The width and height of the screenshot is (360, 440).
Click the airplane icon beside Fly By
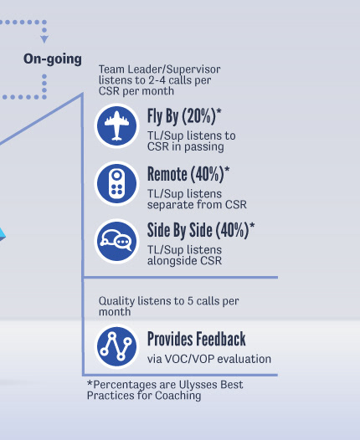click(x=116, y=125)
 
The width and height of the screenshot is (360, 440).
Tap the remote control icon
click(x=116, y=183)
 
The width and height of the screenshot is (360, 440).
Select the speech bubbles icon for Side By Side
click(x=116, y=241)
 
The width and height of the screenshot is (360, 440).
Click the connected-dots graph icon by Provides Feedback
click(x=116, y=346)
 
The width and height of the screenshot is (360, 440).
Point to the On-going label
click(x=53, y=59)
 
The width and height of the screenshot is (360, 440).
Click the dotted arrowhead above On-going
click(x=44, y=39)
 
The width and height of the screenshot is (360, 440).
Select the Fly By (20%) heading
click(x=184, y=116)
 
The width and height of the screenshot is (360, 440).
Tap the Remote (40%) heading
click(x=188, y=174)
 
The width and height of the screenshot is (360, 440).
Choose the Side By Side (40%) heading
click(x=201, y=230)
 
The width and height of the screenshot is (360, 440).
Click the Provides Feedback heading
click(x=197, y=339)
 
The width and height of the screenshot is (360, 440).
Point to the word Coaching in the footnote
click(x=178, y=396)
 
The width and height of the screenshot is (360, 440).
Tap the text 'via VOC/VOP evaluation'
click(x=209, y=359)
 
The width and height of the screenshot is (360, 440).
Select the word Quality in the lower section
click(x=116, y=301)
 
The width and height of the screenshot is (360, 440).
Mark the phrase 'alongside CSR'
click(x=184, y=261)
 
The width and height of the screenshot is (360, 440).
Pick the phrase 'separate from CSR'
click(x=197, y=205)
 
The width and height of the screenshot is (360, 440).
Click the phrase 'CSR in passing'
click(x=186, y=146)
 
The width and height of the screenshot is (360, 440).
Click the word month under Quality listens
click(x=115, y=312)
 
